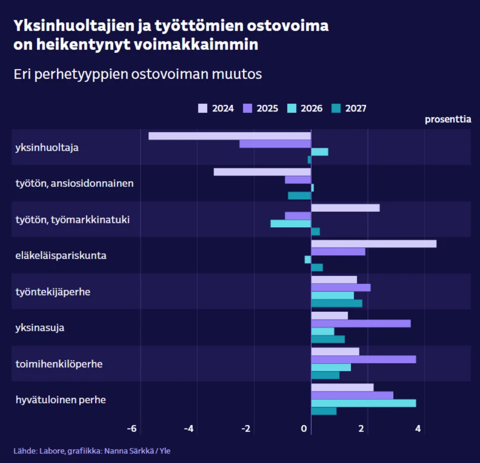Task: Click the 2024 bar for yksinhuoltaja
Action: pyautogui.click(x=230, y=136)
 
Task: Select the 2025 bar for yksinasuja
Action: pyautogui.click(x=360, y=323)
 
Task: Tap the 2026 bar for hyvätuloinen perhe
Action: pyautogui.click(x=363, y=403)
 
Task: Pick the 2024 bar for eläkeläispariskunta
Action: pyautogui.click(x=374, y=244)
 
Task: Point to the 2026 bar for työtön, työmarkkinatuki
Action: pyautogui.click(x=290, y=224)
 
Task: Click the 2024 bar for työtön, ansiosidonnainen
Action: pyautogui.click(x=262, y=172)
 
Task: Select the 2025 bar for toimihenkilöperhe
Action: pyautogui.click(x=363, y=359)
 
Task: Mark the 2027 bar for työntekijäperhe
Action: pyautogui.click(x=336, y=303)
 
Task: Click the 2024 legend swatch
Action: pyautogui.click(x=203, y=108)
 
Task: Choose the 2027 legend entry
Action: pyautogui.click(x=350, y=108)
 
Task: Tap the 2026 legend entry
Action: pyautogui.click(x=305, y=108)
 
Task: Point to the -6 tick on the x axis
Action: pyautogui.click(x=132, y=428)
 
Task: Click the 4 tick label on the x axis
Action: pyautogui.click(x=419, y=428)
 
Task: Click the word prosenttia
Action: pyautogui.click(x=448, y=120)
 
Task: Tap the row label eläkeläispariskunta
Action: pyautogui.click(x=61, y=256)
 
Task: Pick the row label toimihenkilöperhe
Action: pyautogui.click(x=59, y=364)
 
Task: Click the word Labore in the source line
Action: pyautogui.click(x=52, y=451)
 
